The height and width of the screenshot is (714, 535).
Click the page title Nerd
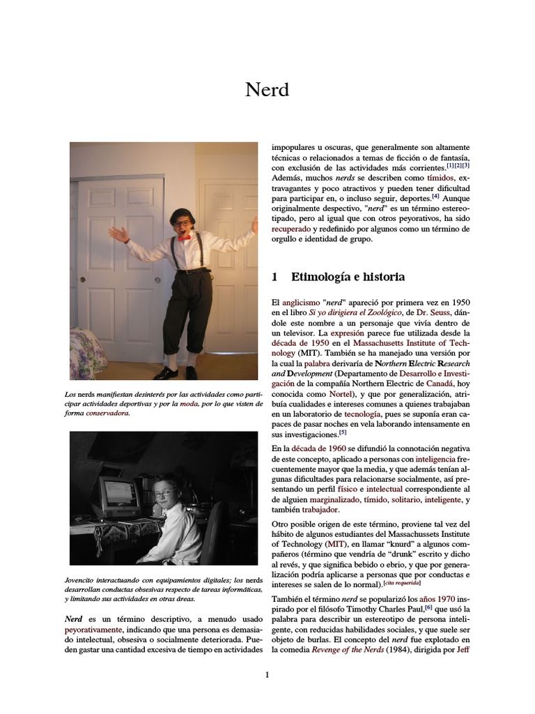click(x=267, y=89)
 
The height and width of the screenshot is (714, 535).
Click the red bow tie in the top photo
click(x=184, y=238)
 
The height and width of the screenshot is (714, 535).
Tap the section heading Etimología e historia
click(x=348, y=277)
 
